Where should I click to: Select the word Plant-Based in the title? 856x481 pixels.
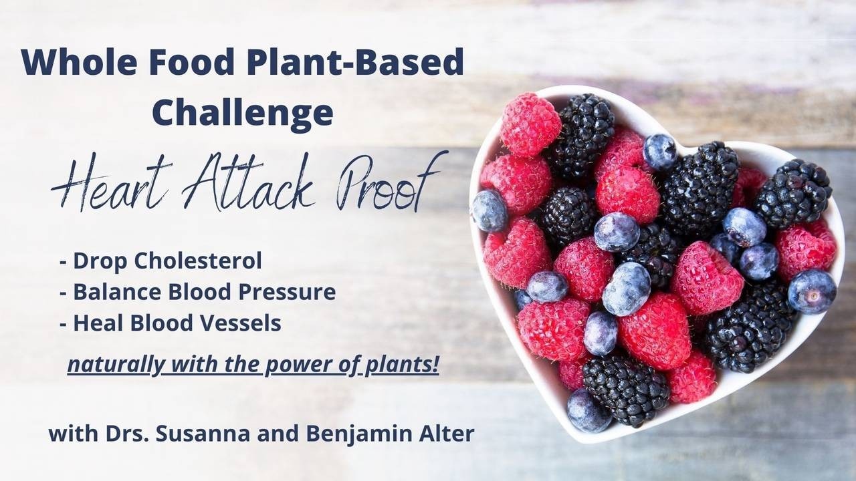point(355,63)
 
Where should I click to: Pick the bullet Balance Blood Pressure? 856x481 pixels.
point(197,293)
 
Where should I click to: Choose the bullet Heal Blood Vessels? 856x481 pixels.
point(170,323)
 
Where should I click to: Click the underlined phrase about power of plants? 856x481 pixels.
point(253,366)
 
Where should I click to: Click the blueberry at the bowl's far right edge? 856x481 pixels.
point(811,291)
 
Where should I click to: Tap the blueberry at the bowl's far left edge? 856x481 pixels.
point(490,210)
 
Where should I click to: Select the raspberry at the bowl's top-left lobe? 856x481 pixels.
point(530,124)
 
